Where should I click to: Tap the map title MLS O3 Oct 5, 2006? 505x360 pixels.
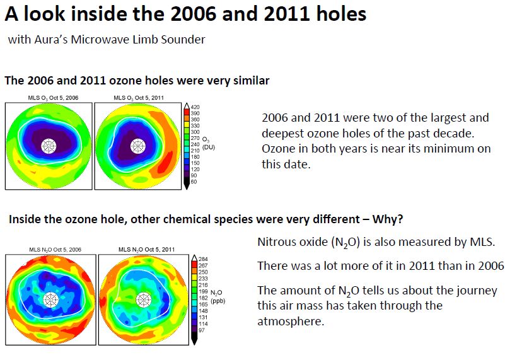53,98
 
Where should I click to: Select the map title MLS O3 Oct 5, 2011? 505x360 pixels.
139,98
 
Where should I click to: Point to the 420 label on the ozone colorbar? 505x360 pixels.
195,107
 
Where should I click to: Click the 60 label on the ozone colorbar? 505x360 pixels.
194,182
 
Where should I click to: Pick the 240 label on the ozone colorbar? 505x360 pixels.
195,144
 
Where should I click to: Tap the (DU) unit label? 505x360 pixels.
209,147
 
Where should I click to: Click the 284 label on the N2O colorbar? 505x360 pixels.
203,259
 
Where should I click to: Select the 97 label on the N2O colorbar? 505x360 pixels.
202,330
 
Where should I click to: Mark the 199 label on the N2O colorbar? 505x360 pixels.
203,292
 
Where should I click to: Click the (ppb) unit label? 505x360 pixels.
218,301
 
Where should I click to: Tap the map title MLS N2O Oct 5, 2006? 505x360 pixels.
55,250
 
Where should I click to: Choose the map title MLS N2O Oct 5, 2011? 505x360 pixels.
146,250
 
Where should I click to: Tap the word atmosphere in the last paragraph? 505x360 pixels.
291,322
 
